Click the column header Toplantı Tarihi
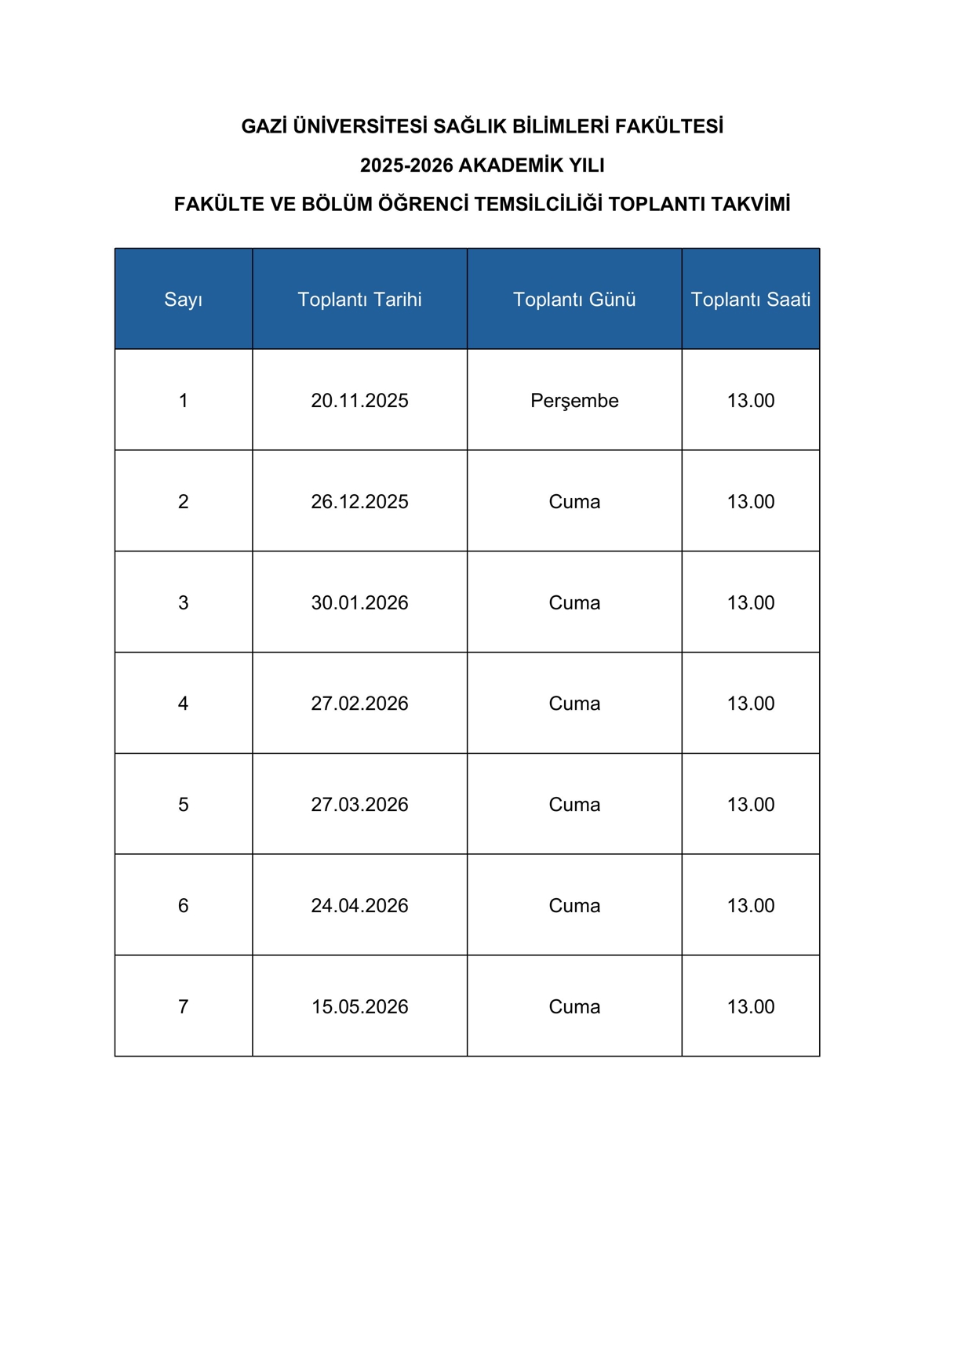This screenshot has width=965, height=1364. (359, 300)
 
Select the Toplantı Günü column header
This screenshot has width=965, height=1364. (574, 300)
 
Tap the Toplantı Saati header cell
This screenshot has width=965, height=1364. (750, 300)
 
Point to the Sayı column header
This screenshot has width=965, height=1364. (184, 300)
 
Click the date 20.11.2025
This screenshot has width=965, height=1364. (359, 401)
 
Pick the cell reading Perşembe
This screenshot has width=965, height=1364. (574, 401)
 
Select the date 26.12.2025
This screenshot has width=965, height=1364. (359, 502)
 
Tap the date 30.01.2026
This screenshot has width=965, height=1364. (359, 603)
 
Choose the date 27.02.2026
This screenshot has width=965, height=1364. (359, 704)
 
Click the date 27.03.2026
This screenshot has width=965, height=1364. (359, 805)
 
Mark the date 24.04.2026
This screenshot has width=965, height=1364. (359, 906)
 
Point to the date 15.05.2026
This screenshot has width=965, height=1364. (359, 1007)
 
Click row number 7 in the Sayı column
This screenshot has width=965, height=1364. (184, 1007)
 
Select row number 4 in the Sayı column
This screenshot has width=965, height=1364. (184, 704)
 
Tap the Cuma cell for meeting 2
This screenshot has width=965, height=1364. (574, 502)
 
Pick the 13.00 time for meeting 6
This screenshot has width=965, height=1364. (750, 906)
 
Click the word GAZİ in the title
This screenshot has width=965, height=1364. (264, 126)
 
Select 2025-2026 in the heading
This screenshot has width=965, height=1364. (406, 165)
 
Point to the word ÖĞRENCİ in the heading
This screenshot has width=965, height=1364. (423, 205)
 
